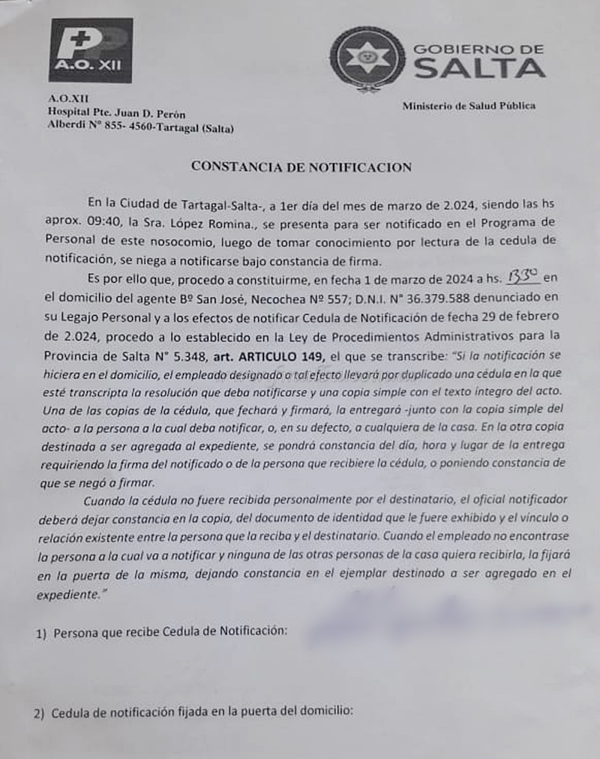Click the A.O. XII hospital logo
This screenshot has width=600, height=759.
[91, 50]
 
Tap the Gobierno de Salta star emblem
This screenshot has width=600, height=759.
[367, 58]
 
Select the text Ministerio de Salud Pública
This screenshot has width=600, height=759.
[469, 106]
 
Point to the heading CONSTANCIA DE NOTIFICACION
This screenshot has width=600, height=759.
[301, 166]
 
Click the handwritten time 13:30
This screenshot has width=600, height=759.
[524, 277]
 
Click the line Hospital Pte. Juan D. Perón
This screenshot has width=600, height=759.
[116, 113]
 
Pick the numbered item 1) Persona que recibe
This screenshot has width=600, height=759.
[161, 631]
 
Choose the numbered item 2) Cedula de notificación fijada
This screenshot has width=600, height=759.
[193, 712]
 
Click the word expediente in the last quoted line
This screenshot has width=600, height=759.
[67, 595]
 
